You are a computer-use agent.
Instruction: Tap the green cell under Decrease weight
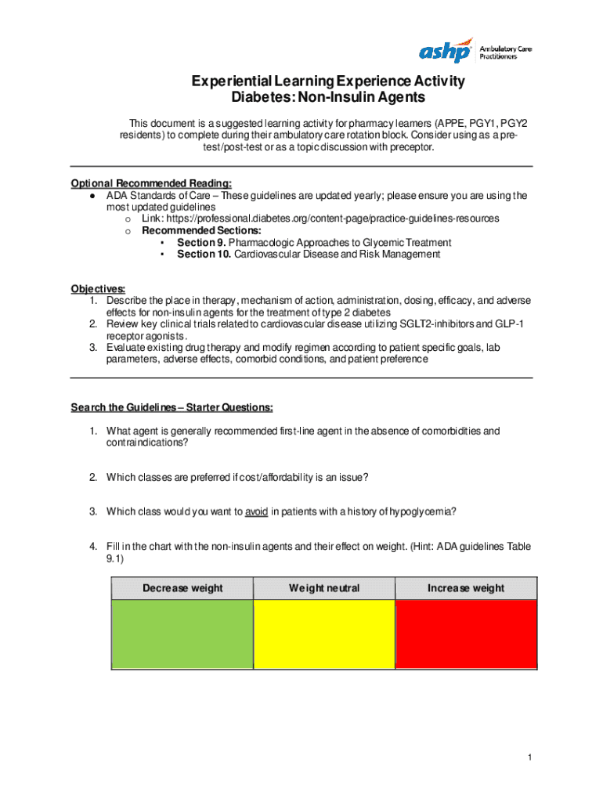(182, 634)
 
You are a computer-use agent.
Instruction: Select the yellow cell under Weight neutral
(324, 634)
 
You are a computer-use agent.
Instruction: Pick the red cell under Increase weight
(466, 634)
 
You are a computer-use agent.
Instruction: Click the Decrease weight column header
(182, 588)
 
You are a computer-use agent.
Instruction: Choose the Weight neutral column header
(324, 588)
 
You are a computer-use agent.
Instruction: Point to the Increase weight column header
(466, 588)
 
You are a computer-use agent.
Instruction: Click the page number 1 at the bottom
(530, 757)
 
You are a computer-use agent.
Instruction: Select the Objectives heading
(98, 288)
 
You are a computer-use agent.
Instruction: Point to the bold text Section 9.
(201, 243)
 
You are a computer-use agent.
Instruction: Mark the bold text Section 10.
(204, 255)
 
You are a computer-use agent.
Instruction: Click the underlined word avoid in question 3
(257, 511)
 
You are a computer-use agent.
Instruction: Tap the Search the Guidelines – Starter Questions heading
(172, 407)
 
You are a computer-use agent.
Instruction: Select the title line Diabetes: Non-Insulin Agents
(328, 98)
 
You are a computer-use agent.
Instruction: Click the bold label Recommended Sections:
(201, 231)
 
